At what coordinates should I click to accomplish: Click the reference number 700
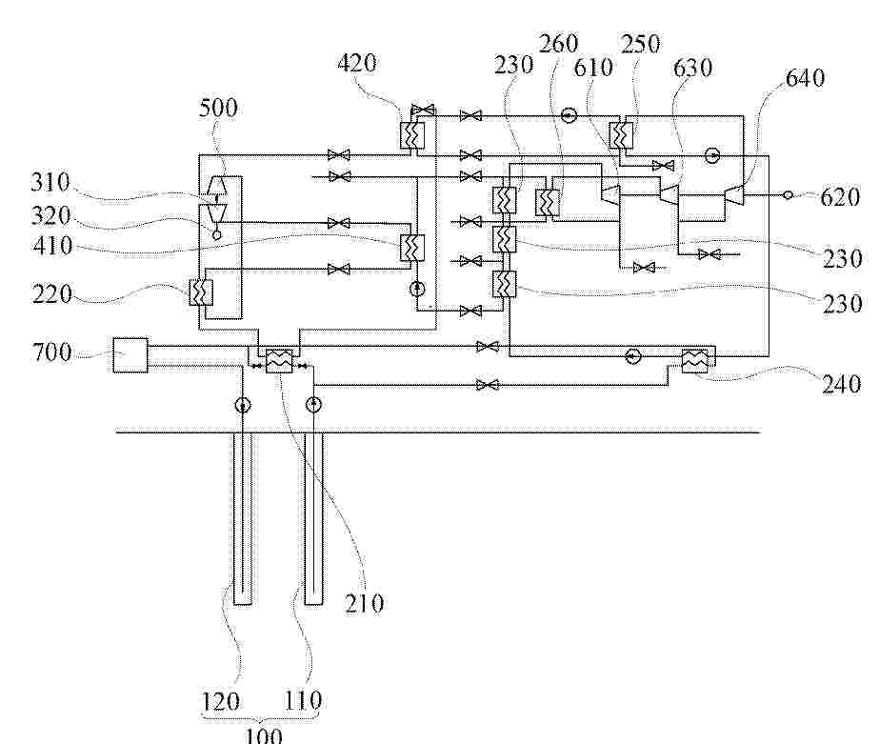tap(52, 352)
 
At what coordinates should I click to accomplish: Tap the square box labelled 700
tap(130, 355)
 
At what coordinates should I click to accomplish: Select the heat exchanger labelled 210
tap(279, 361)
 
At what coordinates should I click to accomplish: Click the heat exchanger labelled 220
tap(201, 292)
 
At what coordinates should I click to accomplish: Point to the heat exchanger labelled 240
tap(694, 360)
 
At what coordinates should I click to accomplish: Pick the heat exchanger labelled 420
tap(412, 135)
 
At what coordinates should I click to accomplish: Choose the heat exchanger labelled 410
tap(412, 248)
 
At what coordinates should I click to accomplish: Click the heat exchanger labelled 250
tap(621, 135)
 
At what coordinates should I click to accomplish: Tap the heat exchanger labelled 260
tap(548, 202)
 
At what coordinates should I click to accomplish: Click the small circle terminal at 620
tap(788, 195)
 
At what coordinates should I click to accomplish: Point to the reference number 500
tap(218, 108)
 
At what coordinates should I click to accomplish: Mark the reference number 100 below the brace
tap(264, 734)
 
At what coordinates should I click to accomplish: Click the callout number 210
tap(365, 603)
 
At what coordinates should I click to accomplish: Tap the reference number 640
tap(805, 78)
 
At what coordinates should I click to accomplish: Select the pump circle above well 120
tap(242, 405)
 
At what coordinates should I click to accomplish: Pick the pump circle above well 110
tap(313, 404)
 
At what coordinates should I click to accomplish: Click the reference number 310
tap(50, 183)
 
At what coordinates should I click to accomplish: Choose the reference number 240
tap(842, 385)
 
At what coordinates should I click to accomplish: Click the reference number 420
tap(356, 63)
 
